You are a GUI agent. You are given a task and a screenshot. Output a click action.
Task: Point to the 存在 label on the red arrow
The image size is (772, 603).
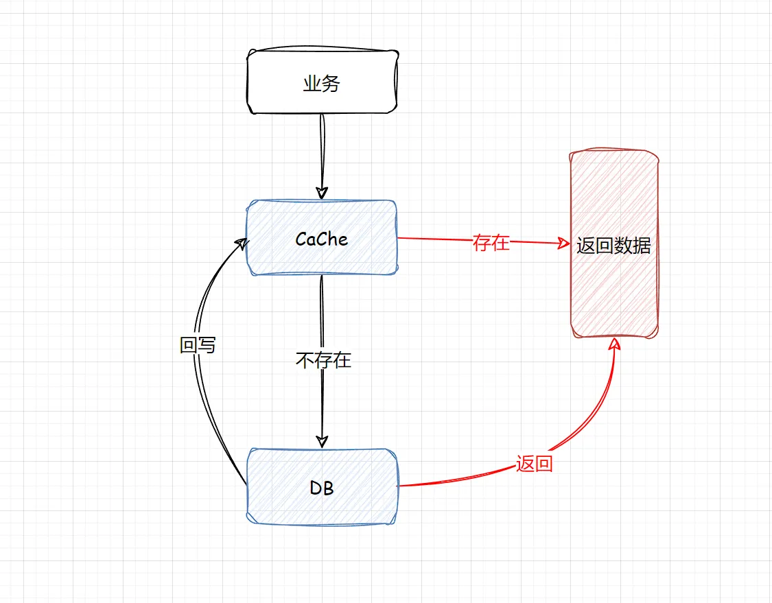pos(491,242)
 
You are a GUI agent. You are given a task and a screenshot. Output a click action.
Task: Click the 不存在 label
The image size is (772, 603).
pos(323,360)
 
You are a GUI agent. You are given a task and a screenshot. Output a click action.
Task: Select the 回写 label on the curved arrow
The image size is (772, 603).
pos(198,345)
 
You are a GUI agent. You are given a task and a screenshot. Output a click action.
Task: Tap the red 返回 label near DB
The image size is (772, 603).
pos(534,464)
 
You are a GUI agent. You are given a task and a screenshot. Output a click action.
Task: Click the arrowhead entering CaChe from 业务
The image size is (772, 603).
pos(321,193)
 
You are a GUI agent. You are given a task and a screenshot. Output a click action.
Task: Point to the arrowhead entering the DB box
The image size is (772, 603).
pos(322,440)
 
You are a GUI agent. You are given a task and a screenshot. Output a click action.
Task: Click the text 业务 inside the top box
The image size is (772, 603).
pos(321,84)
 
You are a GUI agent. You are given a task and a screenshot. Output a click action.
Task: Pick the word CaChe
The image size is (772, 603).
pos(321,239)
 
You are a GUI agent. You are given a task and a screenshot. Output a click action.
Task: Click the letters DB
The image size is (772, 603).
pos(321,488)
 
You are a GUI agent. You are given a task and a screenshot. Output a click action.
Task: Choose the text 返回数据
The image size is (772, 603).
pos(613,246)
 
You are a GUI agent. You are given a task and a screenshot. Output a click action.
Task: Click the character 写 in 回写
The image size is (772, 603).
pos(207,345)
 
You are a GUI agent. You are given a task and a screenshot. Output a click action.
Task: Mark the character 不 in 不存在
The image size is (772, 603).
pos(305,360)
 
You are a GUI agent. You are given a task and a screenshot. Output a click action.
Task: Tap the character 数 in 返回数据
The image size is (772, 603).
pos(622,246)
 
